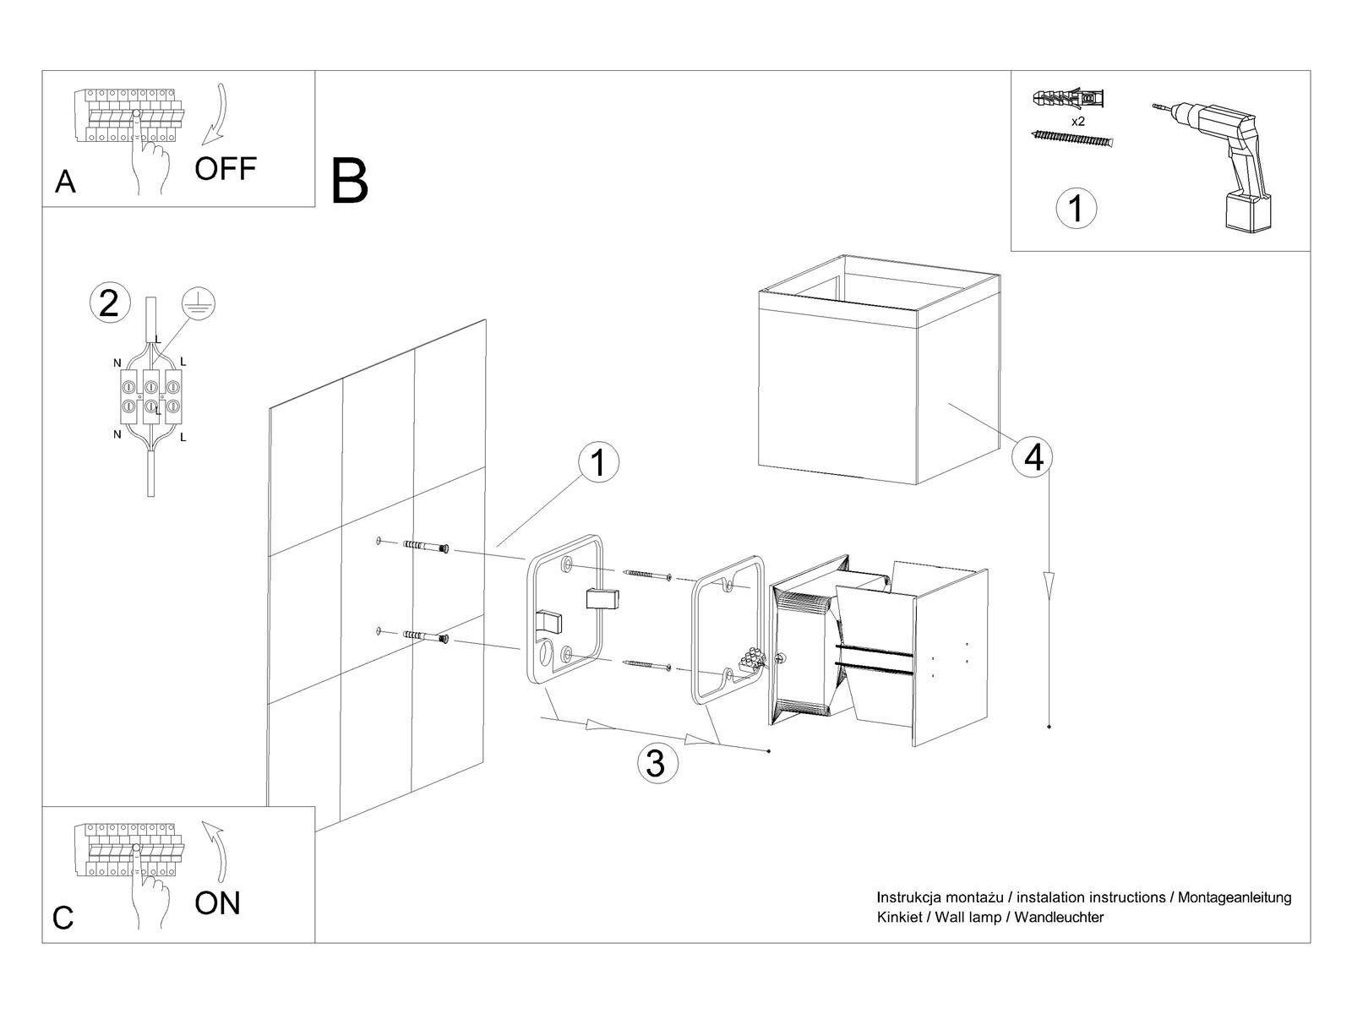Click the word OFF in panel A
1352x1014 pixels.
coord(226,169)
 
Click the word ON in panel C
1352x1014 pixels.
coord(217,903)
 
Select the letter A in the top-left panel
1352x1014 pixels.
coord(65,182)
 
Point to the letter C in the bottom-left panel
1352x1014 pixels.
coord(63,918)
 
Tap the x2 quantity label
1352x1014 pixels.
coord(1078,122)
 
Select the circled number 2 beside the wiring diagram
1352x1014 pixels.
coord(110,303)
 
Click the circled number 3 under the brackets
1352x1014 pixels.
coord(657,763)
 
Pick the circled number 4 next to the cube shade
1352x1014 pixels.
coord(1033,457)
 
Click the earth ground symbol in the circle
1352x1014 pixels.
coord(199,304)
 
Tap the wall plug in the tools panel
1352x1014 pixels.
coord(1068,98)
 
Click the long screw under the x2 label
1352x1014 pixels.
coord(1072,138)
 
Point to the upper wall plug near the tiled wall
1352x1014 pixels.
coord(426,546)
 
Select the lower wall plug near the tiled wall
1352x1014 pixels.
coord(426,636)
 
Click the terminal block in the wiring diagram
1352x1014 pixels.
coord(151,396)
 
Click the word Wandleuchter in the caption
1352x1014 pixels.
coord(1059,917)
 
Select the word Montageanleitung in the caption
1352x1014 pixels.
coord(1235,897)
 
